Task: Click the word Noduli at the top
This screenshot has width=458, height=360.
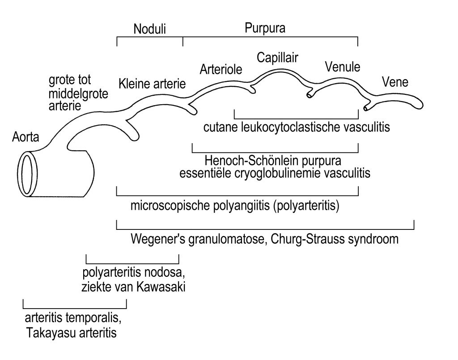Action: (x=149, y=30)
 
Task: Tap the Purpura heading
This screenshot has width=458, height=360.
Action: (x=265, y=29)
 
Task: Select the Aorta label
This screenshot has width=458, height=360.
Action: (x=25, y=138)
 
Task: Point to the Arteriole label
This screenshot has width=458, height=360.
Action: (x=221, y=69)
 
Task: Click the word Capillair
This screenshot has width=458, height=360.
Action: (x=277, y=57)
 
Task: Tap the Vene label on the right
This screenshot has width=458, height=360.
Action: (x=395, y=82)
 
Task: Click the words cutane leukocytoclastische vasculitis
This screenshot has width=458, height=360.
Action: (x=297, y=127)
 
